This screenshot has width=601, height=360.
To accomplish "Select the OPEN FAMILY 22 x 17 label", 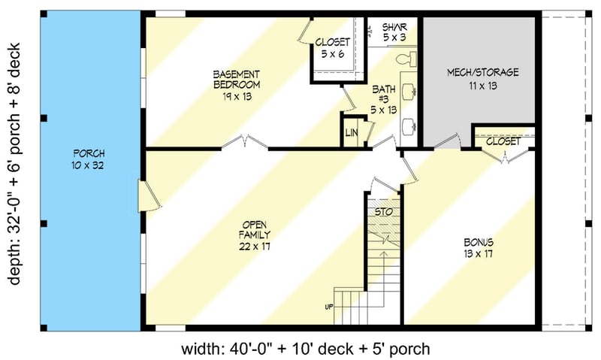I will pos(255,234).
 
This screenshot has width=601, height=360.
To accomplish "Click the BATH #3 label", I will pos(383,98).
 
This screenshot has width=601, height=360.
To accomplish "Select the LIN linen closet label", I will pos(351,133).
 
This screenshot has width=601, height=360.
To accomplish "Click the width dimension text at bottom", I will pos(305,349).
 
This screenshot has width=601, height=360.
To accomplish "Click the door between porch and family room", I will pos(149,195).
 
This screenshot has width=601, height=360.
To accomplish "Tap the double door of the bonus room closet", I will pos(497,156).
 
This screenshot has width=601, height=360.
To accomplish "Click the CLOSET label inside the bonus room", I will pos(503,141).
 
